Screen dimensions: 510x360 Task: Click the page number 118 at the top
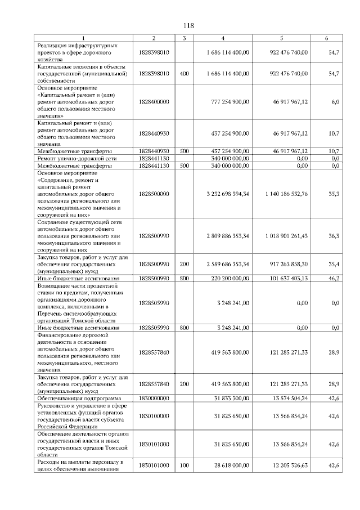188,26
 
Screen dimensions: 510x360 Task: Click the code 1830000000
154,398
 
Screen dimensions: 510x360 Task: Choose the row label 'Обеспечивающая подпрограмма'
75,398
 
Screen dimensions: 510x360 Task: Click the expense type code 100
184,466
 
